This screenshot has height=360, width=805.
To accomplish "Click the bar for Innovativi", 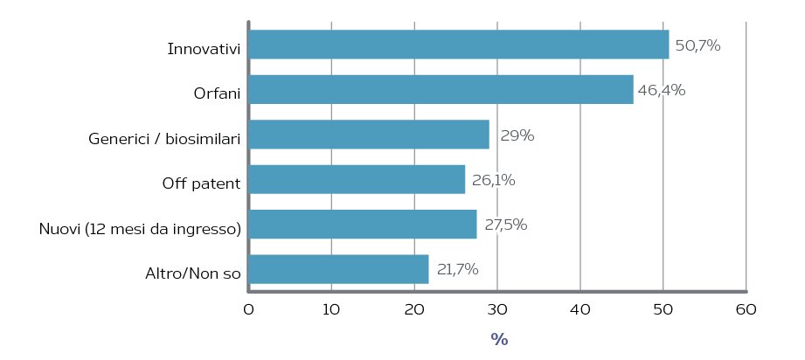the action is point(459,45).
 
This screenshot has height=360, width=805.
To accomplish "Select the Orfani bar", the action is point(441,89).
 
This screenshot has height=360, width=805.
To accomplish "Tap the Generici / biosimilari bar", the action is point(369,135).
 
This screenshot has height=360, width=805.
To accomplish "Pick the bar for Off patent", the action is point(357,179).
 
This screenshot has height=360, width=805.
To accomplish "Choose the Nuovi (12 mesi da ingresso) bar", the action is point(363,224).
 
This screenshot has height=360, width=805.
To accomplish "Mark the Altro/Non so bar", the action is point(339,269).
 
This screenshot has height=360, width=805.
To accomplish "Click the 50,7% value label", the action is point(697,45).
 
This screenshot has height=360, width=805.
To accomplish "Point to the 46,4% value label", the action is point(662,90).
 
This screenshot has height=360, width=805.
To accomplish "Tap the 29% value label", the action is point(517,136).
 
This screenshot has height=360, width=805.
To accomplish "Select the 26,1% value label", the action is point(493,181).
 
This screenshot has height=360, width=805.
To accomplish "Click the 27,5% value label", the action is point(506,225).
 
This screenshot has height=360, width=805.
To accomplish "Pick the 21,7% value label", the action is point(457,269).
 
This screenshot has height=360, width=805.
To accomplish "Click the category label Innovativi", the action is point(204,49).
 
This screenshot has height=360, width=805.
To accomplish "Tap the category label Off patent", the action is point(201,183).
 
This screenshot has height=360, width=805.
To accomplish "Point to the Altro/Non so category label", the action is point(193,273).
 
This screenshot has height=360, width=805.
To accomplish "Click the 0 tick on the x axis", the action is point(248,310).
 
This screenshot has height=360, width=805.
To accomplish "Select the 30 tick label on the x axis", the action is point(497,310).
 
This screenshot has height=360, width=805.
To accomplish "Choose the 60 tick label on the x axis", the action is point(746,310).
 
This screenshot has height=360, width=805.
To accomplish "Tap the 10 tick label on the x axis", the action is point(331,310).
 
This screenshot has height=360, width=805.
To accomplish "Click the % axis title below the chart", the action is point(499,339).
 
